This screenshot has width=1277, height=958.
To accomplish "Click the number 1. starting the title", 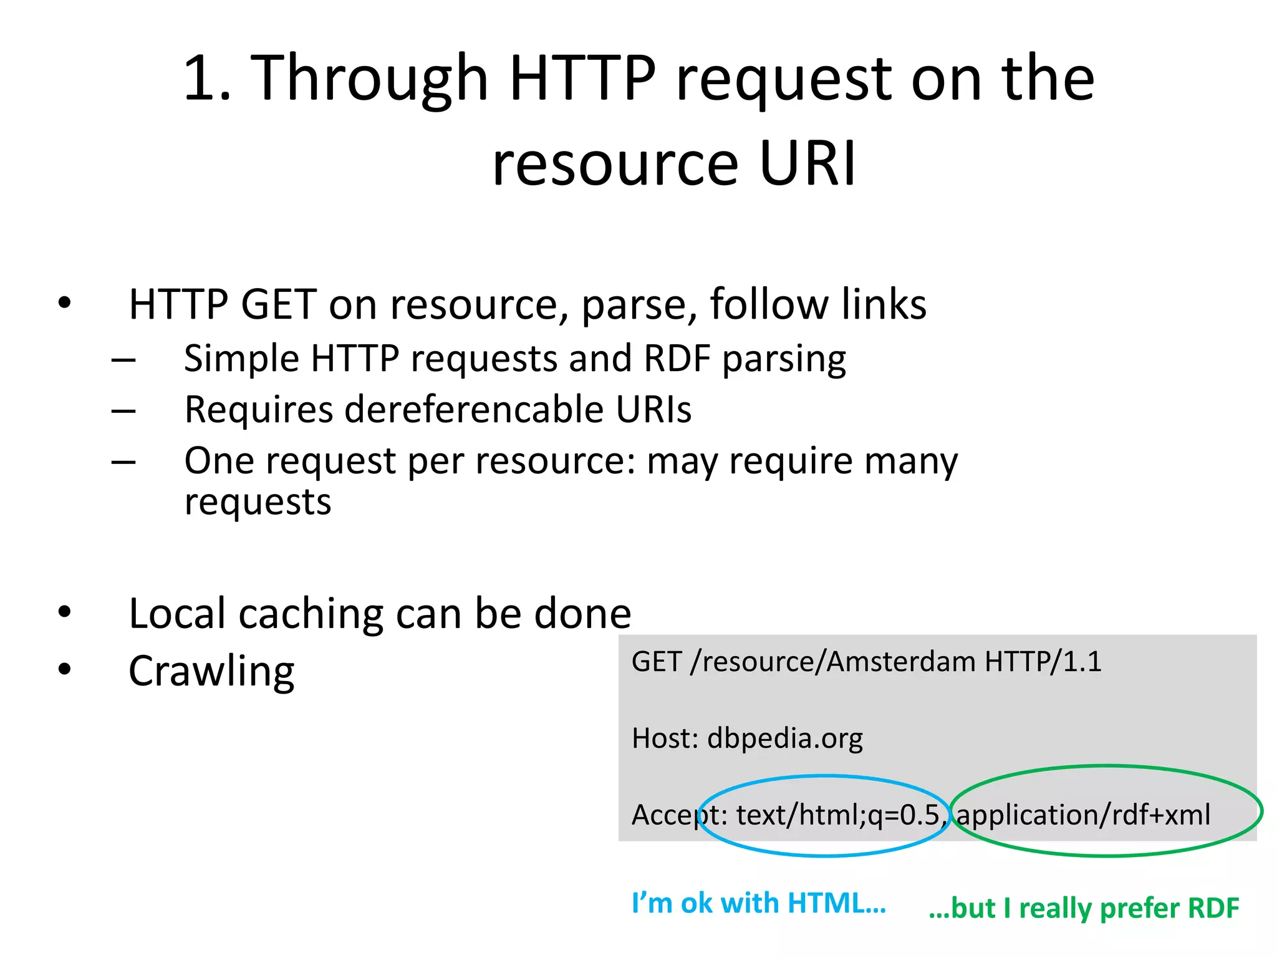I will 208,78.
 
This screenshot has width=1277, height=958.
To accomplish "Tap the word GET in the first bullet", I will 279,304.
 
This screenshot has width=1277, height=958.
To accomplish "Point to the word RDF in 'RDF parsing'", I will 677,359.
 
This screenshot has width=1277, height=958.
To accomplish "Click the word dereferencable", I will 474,410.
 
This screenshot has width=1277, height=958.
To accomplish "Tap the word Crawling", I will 211,672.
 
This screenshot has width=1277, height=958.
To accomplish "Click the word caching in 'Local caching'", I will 311,614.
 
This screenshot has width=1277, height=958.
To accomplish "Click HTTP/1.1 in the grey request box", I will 1043,662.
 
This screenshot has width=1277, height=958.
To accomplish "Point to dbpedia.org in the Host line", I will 785,738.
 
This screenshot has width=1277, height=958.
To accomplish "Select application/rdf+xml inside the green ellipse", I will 1083,815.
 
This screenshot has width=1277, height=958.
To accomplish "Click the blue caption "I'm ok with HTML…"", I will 758,903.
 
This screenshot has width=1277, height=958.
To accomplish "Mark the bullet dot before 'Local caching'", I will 65,612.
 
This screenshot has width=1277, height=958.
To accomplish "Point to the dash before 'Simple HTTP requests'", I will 123,360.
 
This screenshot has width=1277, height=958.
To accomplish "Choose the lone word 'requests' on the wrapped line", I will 258,502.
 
